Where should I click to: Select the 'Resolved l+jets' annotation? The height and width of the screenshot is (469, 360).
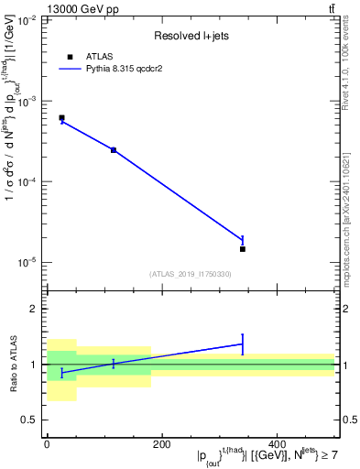pyautogui.click(x=190, y=37)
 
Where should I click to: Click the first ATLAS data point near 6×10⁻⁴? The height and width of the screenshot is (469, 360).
pyautogui.click(x=61, y=118)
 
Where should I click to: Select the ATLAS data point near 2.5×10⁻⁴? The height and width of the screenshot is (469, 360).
pyautogui.click(x=114, y=149)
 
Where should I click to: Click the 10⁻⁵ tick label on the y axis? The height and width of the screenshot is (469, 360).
pyautogui.click(x=27, y=262)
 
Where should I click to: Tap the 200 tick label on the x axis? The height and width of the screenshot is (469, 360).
pyautogui.click(x=162, y=444)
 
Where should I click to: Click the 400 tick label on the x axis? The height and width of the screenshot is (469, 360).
pyautogui.click(x=277, y=444)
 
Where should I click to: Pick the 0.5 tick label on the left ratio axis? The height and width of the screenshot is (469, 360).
pyautogui.click(x=28, y=420)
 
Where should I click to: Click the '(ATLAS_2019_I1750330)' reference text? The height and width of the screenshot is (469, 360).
pyautogui.click(x=190, y=274)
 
